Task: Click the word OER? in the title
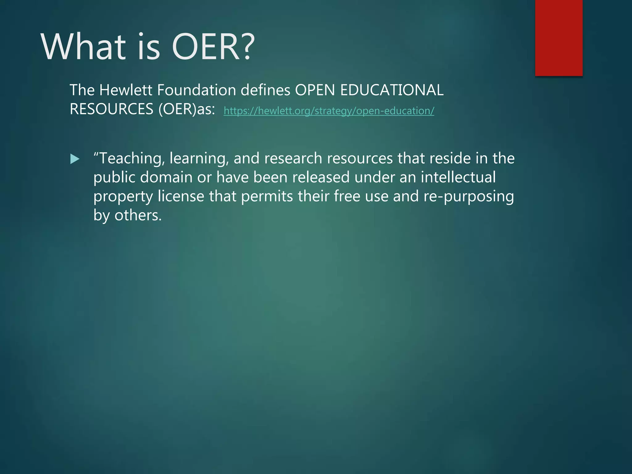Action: [213, 47]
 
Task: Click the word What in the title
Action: [83, 47]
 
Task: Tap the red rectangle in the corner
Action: [559, 38]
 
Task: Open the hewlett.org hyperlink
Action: [329, 110]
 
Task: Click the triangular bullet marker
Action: [75, 159]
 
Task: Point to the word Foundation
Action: [196, 90]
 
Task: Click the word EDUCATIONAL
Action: [392, 90]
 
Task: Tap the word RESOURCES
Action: [111, 109]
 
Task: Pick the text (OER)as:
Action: [187, 109]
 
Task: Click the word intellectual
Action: [458, 177]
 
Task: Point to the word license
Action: [181, 197]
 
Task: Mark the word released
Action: [321, 177]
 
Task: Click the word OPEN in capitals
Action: [315, 90]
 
